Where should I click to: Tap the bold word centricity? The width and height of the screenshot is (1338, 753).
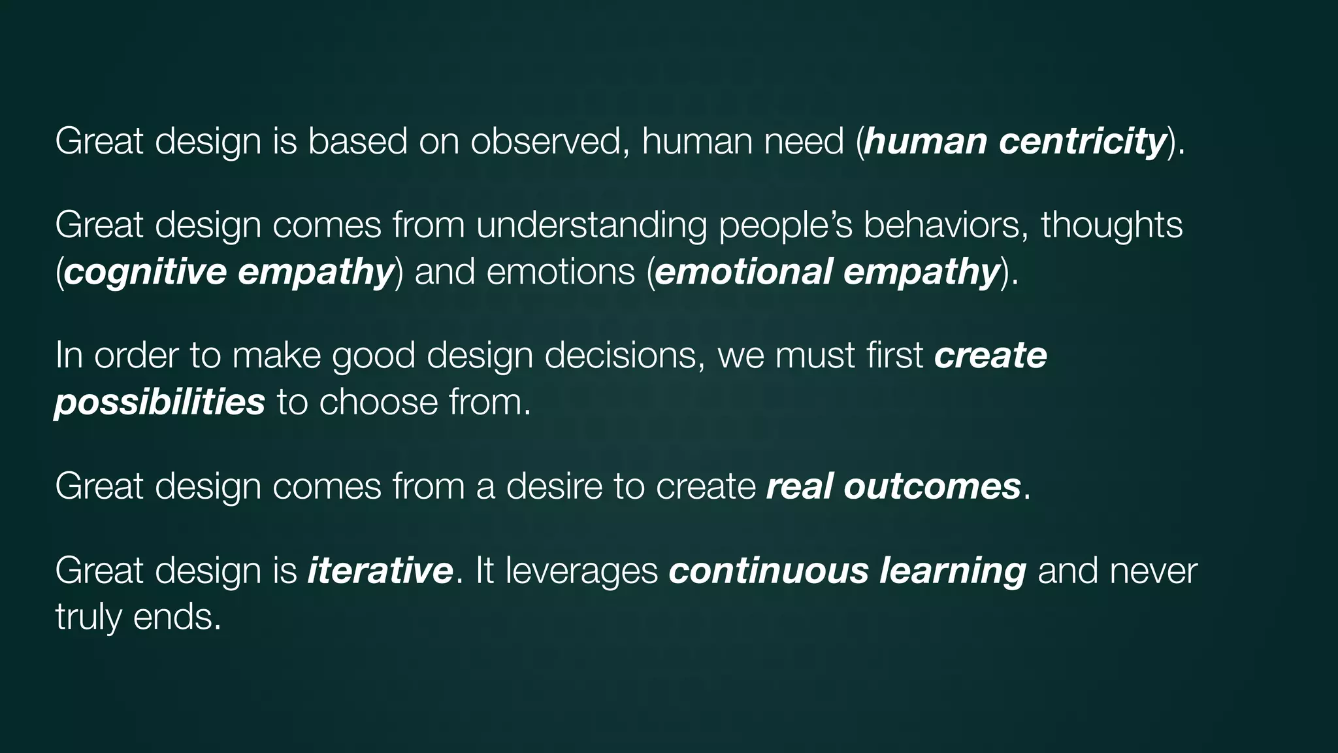(1083, 141)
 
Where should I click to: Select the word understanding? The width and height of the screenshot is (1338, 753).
(591, 226)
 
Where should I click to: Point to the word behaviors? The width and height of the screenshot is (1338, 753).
(945, 226)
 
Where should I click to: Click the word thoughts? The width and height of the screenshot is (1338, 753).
(1111, 226)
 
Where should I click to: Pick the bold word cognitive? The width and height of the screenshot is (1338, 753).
(146, 272)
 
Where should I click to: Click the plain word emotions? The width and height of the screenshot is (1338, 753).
(561, 272)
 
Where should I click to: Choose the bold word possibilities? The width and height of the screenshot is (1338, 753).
(160, 402)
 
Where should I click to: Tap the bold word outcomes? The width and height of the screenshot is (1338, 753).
(932, 487)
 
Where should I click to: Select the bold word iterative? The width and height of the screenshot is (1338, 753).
(380, 571)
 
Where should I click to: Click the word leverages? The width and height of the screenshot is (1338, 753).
(581, 571)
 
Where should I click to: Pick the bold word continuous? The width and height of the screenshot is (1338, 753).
(768, 571)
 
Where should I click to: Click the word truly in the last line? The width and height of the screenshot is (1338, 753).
(88, 617)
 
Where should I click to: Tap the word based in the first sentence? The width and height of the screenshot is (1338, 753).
(357, 141)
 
